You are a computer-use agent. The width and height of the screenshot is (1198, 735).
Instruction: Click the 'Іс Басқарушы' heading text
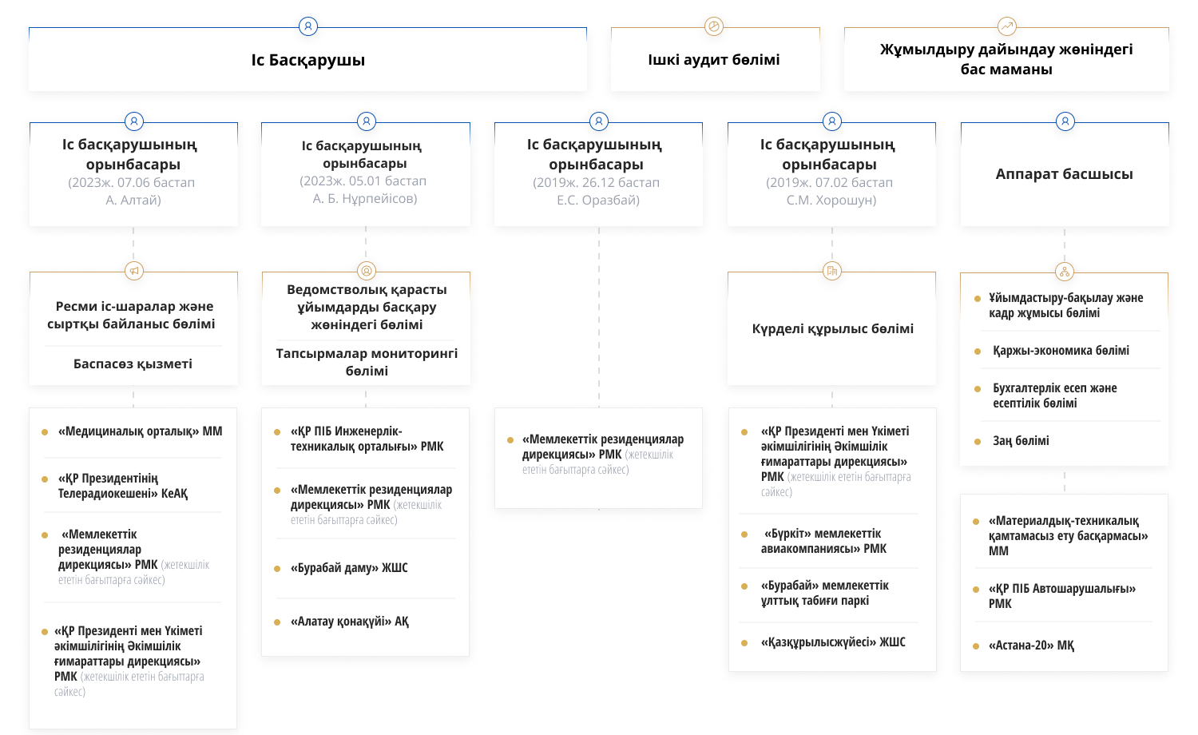pos(308,60)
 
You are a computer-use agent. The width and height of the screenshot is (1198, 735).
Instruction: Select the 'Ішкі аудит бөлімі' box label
pos(714,59)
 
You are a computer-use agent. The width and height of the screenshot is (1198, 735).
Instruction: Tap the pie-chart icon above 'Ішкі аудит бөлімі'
pos(714,26)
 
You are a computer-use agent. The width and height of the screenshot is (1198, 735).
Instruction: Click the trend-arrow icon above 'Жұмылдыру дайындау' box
pos(1007,26)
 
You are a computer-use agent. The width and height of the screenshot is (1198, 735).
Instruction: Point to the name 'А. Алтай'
pos(133,200)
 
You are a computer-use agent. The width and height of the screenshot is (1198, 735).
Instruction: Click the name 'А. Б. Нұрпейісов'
pos(365,198)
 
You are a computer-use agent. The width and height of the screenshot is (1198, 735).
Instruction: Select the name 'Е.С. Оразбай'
pos(598,200)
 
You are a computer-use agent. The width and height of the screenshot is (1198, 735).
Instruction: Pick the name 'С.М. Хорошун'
pos(831,200)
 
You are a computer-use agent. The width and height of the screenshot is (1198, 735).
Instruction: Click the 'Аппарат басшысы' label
pos(1065,174)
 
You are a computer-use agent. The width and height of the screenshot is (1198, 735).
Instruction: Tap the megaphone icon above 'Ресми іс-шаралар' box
pos(134,271)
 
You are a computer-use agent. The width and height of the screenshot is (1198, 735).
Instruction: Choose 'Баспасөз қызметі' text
pos(133,364)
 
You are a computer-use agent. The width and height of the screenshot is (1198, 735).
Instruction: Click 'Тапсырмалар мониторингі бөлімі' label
pos(367,362)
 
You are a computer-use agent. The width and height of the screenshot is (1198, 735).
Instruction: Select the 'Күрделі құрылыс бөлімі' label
pos(833,328)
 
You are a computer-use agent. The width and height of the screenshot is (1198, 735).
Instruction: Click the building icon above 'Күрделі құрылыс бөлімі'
pos(832,271)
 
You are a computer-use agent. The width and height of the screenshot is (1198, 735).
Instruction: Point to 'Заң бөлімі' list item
pos(1021,441)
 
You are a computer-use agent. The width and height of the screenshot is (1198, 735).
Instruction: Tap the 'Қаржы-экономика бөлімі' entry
pos(1061,351)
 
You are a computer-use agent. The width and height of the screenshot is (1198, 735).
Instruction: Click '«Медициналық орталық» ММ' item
pos(140,431)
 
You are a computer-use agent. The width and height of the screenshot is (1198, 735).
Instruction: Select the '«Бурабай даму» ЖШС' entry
pos(349,567)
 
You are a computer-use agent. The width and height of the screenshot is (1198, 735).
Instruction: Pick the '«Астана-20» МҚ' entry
pos(1031,646)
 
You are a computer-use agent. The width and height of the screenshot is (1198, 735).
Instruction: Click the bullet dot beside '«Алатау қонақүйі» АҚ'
pos(277,622)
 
